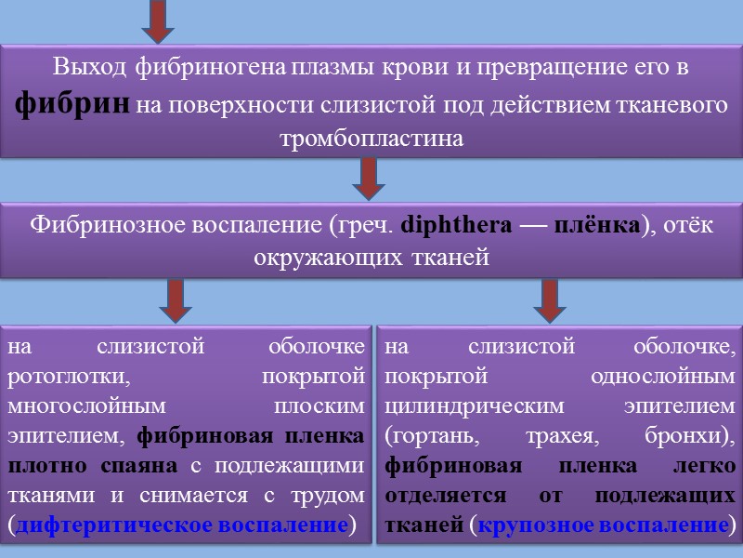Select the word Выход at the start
pos(91,68)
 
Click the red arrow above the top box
pos(159,20)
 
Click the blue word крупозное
pos(530,525)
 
